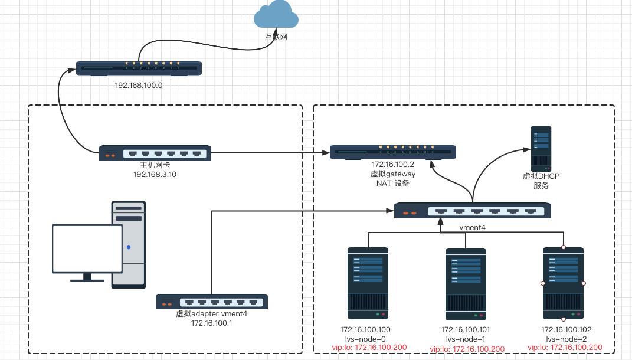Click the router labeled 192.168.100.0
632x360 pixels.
pos(139,68)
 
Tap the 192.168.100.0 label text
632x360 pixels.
pos(139,86)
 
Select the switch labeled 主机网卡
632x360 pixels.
pos(155,153)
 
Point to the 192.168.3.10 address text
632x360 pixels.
pos(155,175)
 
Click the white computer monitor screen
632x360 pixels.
pos(87,248)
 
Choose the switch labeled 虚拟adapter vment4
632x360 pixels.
pos(212,302)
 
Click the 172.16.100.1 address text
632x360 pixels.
pos(212,323)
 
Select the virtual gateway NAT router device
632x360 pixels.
pos(393,152)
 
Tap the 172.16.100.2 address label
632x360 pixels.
pos(393,165)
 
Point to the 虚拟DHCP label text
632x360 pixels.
pos(541,176)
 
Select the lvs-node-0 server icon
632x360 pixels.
pos(368,284)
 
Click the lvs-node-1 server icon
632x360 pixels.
pos(466,284)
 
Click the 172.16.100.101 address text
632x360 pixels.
pos(466,329)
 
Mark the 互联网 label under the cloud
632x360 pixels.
pos(276,37)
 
